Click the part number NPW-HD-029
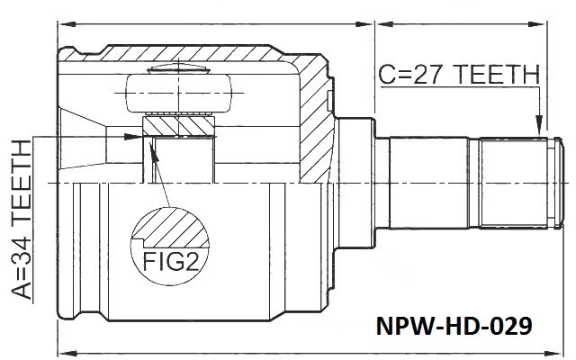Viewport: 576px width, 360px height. pyautogui.click(x=454, y=326)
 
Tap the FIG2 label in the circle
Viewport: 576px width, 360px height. pyautogui.click(x=171, y=261)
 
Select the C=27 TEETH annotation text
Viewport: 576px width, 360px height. pyautogui.click(x=459, y=74)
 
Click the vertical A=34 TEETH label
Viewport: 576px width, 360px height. pyautogui.click(x=22, y=220)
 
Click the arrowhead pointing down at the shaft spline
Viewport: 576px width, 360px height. pyautogui.click(x=539, y=126)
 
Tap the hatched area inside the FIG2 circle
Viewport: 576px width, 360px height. pyautogui.click(x=171, y=228)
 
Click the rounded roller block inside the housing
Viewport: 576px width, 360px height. pyautogui.click(x=179, y=94)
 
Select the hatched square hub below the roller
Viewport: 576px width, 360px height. pyautogui.click(x=178, y=126)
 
